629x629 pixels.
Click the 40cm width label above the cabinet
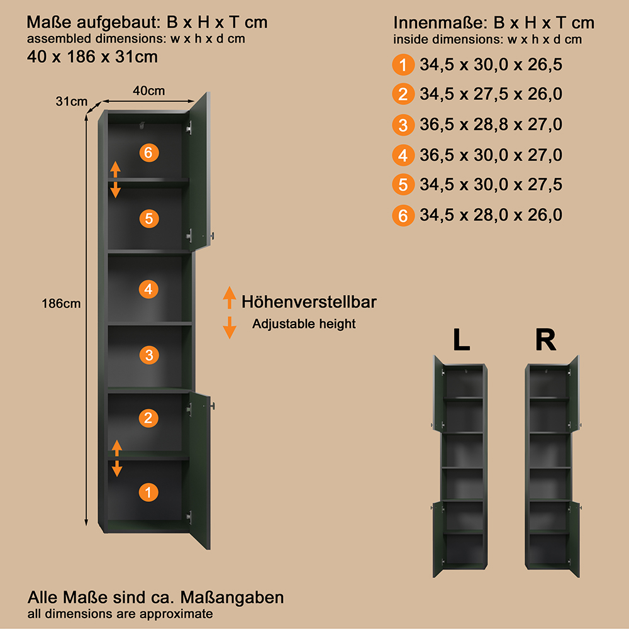[149, 91]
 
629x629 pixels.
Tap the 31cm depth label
[72, 101]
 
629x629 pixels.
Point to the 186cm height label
[61, 304]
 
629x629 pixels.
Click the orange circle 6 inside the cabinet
[149, 153]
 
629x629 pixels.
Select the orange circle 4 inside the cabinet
[148, 289]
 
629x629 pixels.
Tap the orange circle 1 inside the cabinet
[148, 493]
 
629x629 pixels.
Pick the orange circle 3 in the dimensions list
[403, 125]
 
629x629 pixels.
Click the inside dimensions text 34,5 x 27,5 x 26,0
[491, 94]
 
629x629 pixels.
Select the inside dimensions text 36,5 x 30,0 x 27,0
[491, 155]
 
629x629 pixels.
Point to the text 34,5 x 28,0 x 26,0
[491, 215]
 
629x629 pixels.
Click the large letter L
[461, 340]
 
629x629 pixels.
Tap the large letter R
[545, 340]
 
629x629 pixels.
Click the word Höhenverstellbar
[309, 302]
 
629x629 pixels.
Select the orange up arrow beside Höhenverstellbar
[230, 298]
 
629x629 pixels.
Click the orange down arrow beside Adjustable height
[230, 328]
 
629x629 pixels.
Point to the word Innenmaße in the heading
[439, 23]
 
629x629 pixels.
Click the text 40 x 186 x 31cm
[92, 57]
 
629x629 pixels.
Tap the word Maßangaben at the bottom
[232, 598]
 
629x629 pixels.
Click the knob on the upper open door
[213, 236]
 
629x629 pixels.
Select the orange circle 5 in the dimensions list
[403, 185]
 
